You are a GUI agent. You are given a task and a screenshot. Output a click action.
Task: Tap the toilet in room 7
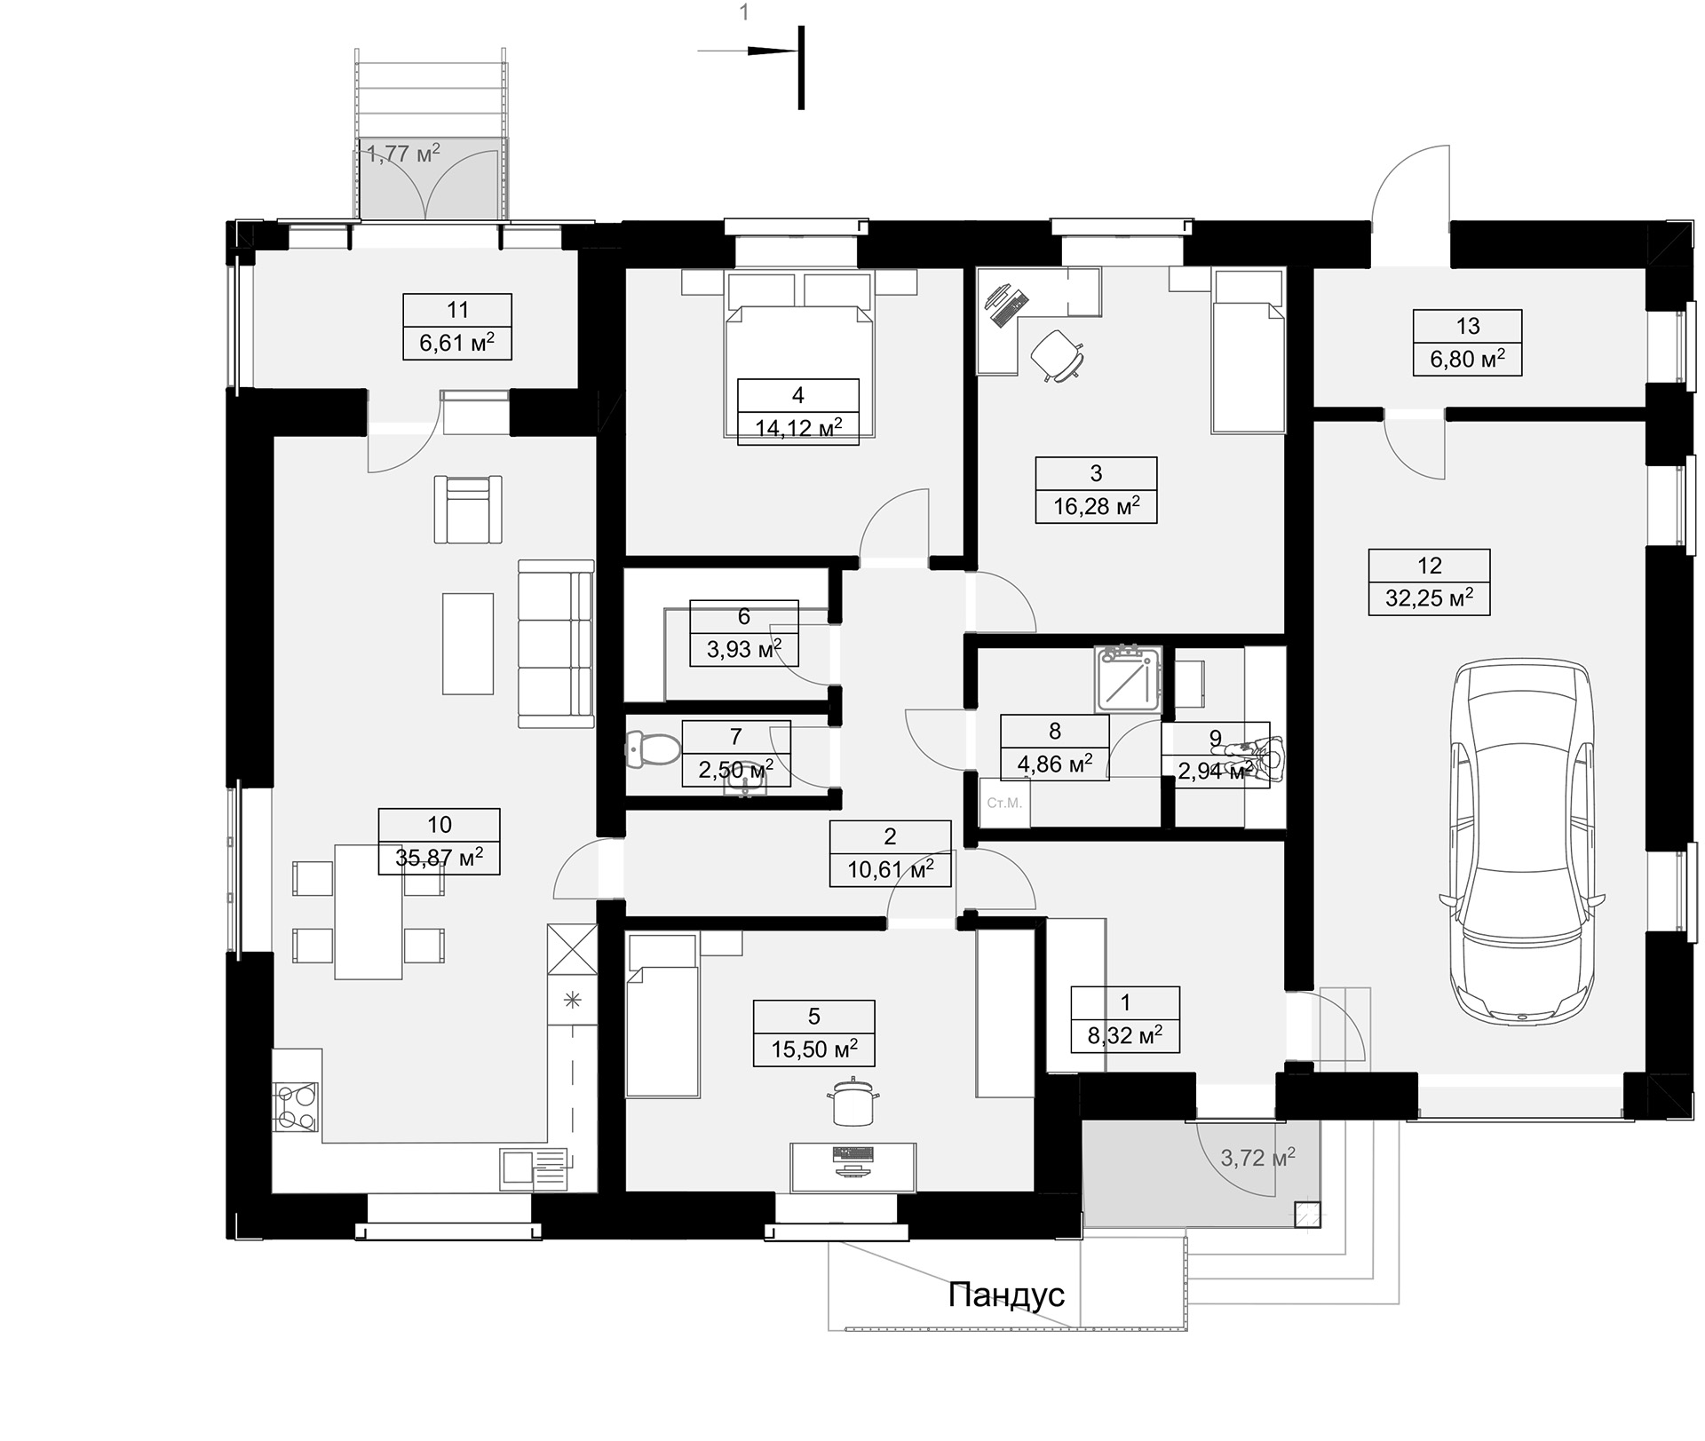pyautogui.click(x=652, y=749)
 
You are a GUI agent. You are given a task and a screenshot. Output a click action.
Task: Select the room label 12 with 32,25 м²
pyautogui.click(x=1429, y=582)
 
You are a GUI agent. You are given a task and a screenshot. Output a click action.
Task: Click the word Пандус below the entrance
pyautogui.click(x=1006, y=1295)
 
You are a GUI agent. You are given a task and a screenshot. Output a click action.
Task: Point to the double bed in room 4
pyautogui.click(x=798, y=353)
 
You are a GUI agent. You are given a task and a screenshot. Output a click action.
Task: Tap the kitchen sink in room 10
pyautogui.click(x=533, y=1168)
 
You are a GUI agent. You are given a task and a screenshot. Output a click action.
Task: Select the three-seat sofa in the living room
pyautogui.click(x=556, y=644)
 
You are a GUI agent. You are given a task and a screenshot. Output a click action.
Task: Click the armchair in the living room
pyautogui.click(x=468, y=509)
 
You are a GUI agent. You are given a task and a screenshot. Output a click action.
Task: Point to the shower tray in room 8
pyautogui.click(x=1128, y=678)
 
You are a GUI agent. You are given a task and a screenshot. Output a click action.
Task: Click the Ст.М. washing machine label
pyautogui.click(x=1004, y=804)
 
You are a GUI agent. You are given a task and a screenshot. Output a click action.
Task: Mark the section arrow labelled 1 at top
pyautogui.click(x=748, y=51)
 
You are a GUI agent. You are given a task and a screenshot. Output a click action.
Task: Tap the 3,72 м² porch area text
pyautogui.click(x=1257, y=1157)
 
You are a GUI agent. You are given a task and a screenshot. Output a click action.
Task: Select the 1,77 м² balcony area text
pyautogui.click(x=403, y=154)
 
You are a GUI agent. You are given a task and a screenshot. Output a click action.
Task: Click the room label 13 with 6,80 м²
pyautogui.click(x=1468, y=343)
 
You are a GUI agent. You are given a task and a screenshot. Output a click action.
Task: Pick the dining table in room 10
pyautogui.click(x=369, y=911)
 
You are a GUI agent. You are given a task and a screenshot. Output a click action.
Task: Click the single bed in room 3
pyautogui.click(x=1249, y=352)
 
